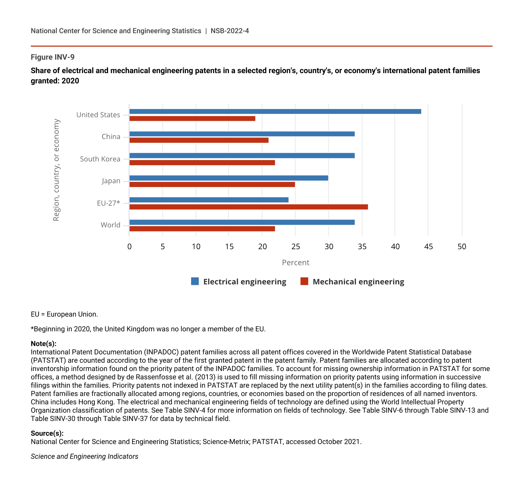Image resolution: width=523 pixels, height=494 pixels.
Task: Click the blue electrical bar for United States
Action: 275,112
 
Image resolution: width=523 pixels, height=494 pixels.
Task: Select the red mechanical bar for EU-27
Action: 248,207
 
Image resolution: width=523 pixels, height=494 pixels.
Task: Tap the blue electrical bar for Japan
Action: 229,178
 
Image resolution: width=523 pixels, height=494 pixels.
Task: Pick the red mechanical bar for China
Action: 199,140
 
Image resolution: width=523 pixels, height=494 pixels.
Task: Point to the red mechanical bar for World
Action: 202,229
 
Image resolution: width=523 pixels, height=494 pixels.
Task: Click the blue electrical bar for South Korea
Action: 242,156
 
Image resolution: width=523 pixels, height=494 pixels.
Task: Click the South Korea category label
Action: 100,159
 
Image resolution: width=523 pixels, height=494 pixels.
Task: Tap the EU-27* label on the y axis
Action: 108,203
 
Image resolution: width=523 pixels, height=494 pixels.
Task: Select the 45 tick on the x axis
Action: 428,247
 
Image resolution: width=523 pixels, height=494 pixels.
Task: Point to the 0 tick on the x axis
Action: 129,247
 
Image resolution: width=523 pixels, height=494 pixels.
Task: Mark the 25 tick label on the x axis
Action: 296,247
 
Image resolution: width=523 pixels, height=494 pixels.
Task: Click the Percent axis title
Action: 296,263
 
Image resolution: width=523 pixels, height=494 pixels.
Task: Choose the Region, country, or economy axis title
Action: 56,170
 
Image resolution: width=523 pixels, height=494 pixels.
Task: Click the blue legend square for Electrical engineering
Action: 195,281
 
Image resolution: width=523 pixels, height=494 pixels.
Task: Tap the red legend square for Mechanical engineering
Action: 304,281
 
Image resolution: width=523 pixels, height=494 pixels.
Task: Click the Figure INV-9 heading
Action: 53,57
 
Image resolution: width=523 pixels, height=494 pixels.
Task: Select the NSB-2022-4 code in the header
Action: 230,31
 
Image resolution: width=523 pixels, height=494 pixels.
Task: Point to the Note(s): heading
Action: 43,344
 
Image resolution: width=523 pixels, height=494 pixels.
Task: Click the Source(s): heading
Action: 47,433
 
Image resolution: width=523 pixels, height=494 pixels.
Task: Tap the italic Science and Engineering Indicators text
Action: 84,456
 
